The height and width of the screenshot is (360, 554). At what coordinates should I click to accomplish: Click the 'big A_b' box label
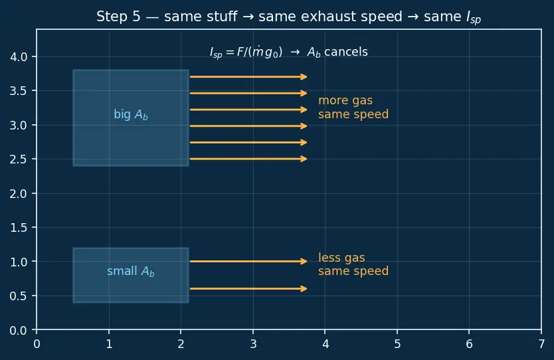tap(131, 115)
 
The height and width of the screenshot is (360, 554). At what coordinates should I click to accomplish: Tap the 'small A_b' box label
tap(131, 271)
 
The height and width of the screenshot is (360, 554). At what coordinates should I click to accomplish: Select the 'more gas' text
tap(345, 101)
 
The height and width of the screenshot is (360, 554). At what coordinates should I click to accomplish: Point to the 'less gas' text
tap(341, 258)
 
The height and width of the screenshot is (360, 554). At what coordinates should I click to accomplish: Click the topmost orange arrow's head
tap(304, 76)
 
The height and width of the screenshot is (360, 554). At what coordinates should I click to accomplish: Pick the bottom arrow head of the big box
tap(304, 159)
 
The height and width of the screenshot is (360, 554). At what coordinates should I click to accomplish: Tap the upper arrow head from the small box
tap(304, 262)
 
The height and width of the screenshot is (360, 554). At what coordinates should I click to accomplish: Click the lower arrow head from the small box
tap(304, 289)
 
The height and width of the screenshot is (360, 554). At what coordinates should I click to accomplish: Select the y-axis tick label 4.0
tap(19, 57)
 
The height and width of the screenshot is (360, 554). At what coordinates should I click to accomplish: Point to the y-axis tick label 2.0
tap(19, 193)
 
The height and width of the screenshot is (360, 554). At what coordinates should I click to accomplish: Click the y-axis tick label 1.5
tap(19, 228)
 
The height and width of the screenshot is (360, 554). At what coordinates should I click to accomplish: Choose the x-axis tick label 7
tap(541, 344)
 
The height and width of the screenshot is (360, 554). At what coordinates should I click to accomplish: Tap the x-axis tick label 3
tap(253, 344)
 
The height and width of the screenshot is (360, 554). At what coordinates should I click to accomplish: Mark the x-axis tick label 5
tap(397, 344)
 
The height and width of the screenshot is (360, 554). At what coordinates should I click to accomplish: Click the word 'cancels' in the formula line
tap(346, 52)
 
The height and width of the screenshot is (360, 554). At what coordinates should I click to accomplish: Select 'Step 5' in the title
tap(118, 17)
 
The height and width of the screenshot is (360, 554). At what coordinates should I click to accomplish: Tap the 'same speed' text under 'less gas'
tap(353, 271)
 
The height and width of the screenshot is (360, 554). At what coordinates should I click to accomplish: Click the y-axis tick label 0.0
tap(19, 331)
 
